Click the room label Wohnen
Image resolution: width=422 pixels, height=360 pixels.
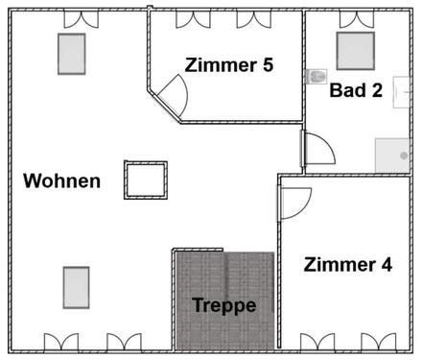coord(61,180)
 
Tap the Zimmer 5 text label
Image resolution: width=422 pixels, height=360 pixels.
coord(228,65)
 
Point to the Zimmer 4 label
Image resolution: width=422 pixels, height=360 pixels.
coord(347,265)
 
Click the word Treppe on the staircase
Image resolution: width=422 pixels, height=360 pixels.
coord(223,306)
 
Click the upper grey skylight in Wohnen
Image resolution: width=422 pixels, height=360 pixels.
coord(72,54)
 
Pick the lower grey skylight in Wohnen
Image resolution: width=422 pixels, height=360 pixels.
coord(77,285)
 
